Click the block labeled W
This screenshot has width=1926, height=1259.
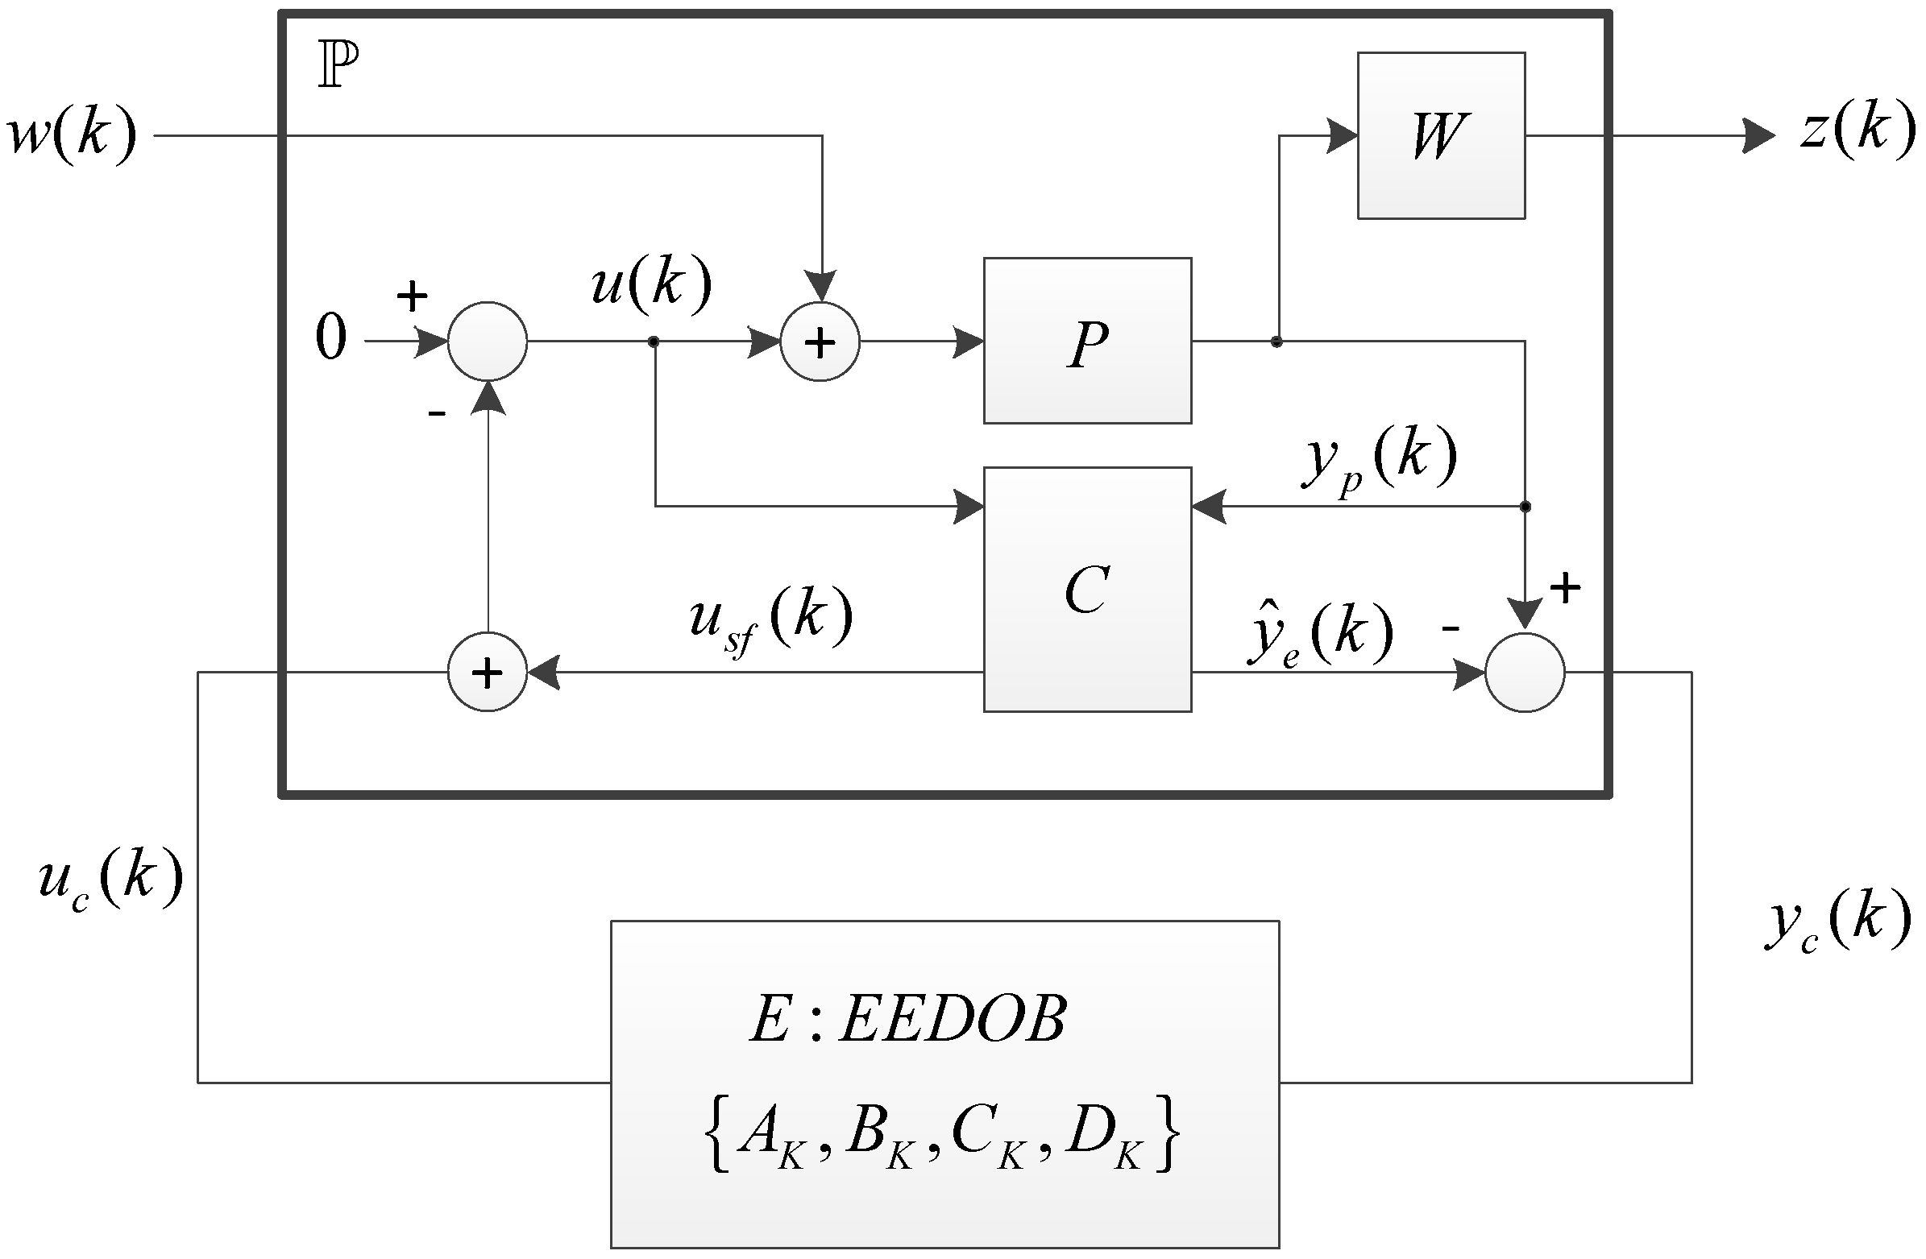point(1440,135)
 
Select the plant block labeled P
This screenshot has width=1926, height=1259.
point(1087,342)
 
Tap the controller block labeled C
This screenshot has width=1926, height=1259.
point(1087,589)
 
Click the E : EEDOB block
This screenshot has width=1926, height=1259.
point(944,1084)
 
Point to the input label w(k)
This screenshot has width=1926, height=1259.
point(71,134)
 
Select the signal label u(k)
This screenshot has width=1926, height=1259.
point(650,284)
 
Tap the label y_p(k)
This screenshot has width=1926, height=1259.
point(1379,460)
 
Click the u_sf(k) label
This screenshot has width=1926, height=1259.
point(770,619)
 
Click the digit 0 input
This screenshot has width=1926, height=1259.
point(330,338)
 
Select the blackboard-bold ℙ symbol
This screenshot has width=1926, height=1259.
point(338,64)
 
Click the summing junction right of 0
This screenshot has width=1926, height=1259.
point(488,342)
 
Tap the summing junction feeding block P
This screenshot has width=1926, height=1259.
point(820,342)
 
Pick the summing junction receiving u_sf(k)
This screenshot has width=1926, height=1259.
point(488,673)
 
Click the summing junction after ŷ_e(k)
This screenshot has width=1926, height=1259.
point(1525,673)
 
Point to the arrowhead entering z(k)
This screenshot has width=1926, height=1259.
point(1758,135)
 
